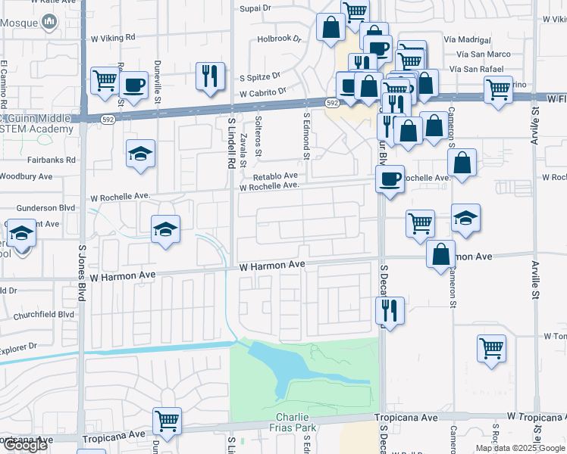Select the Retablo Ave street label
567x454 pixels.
tap(275, 176)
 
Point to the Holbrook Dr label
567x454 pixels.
tap(279, 38)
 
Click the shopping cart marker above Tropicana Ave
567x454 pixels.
tap(167, 420)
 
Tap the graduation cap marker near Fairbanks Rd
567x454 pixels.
tap(141, 154)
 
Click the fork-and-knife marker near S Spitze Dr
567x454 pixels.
tap(211, 75)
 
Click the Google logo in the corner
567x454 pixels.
tap(24, 445)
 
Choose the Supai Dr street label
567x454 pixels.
tap(255, 8)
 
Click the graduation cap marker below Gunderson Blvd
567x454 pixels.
tap(165, 228)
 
